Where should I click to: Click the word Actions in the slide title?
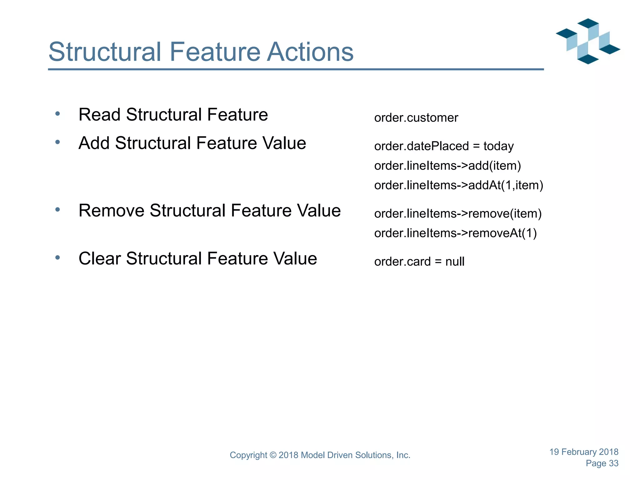click(x=310, y=52)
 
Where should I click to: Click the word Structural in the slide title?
click(x=105, y=52)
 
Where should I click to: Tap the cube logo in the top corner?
click(x=588, y=41)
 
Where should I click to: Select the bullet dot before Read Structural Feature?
click(x=57, y=114)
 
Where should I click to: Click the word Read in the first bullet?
click(x=99, y=115)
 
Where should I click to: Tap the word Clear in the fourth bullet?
click(x=99, y=259)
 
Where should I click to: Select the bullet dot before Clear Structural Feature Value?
click(x=57, y=258)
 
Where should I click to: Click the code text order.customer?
click(x=416, y=118)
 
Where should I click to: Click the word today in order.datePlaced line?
click(x=498, y=147)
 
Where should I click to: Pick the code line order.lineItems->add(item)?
click(x=447, y=166)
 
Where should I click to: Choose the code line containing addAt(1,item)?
click(x=458, y=185)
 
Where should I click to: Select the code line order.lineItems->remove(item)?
click(x=458, y=214)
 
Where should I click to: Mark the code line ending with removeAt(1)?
click(x=455, y=233)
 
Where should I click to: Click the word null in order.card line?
click(x=455, y=262)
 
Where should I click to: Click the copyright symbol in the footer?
click(x=273, y=455)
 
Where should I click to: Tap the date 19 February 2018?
click(x=584, y=452)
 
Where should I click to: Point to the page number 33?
click(x=613, y=463)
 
